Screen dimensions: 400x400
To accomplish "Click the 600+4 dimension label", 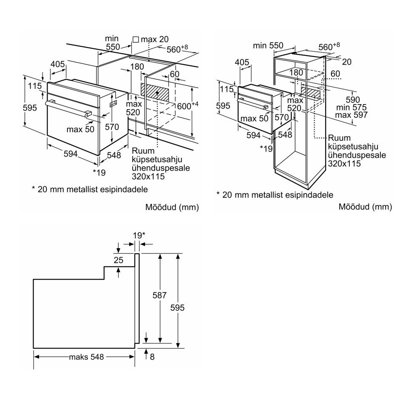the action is tap(187, 105).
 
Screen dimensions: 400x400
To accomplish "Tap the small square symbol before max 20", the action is tap(136, 40).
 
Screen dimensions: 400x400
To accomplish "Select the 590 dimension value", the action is tap(353, 99).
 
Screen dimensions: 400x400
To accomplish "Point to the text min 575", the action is tap(351, 108).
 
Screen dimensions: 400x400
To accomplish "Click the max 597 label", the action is tap(351, 115).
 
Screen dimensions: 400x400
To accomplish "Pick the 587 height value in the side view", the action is tap(159, 295).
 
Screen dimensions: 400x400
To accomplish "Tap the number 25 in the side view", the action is tap(118, 260).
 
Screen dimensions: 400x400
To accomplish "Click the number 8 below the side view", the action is tap(152, 357).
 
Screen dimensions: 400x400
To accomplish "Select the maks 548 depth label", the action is tap(86, 357).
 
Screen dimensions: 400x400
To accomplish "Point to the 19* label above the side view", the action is tap(139, 235).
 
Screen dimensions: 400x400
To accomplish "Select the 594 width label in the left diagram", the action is tap(71, 153).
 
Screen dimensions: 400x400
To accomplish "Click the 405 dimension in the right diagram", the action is tap(242, 62).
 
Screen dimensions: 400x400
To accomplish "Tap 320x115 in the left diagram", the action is tap(148, 176).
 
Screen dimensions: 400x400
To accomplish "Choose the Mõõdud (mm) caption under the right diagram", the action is tap(365, 207).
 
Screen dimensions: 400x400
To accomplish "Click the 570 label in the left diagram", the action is tap(112, 127).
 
